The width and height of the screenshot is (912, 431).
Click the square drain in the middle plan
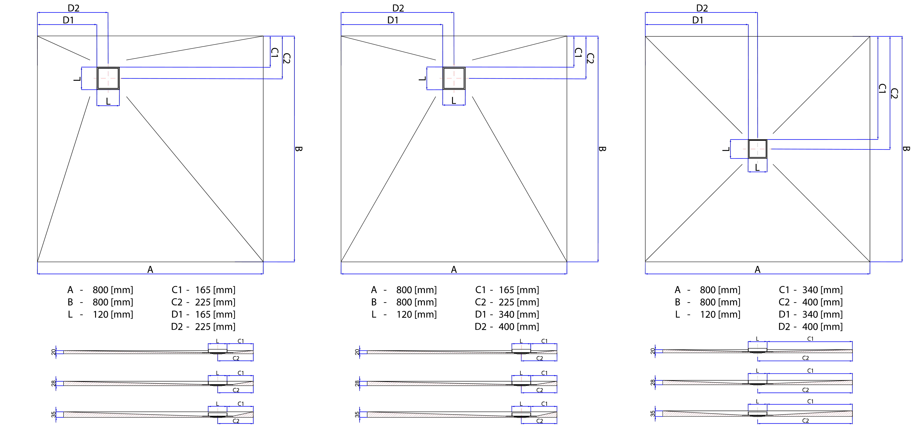(x=454, y=78)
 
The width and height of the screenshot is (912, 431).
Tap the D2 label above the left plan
(x=74, y=8)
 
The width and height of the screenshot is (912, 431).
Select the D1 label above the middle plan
(x=393, y=20)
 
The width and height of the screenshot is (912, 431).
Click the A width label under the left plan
(x=150, y=270)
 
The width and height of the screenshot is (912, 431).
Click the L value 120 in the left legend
(x=101, y=314)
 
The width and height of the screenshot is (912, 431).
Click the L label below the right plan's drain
(x=757, y=168)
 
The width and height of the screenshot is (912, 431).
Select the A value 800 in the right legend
(x=708, y=290)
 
